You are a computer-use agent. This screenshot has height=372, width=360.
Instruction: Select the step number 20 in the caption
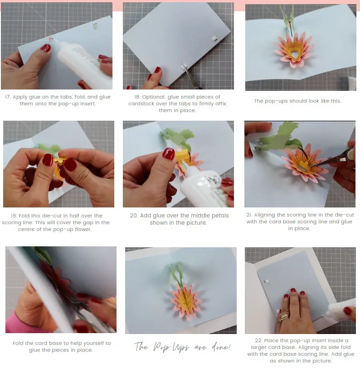[134, 216]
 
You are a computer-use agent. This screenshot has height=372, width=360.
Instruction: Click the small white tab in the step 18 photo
[214, 37]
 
